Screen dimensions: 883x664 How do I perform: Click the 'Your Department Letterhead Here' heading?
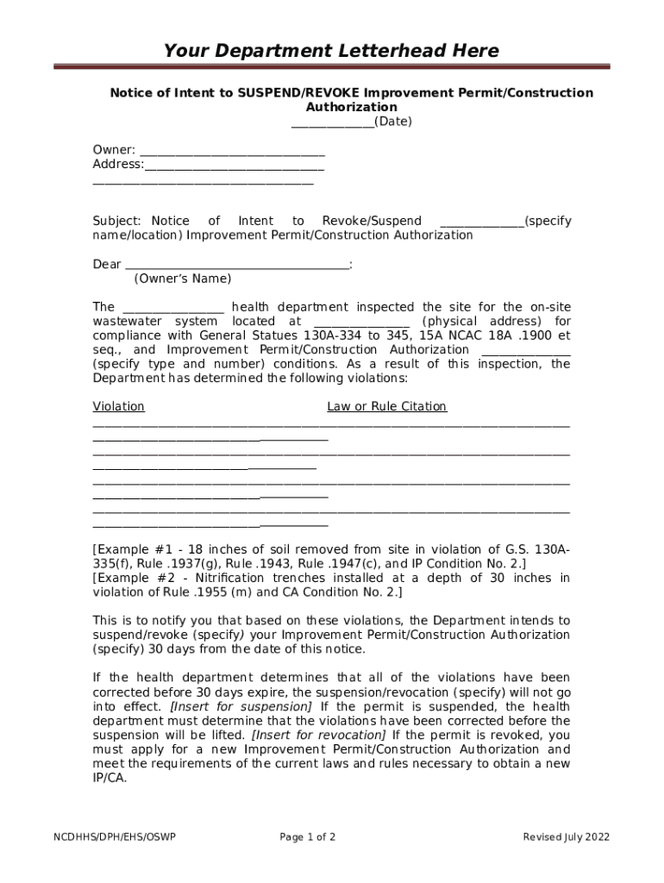pyautogui.click(x=331, y=51)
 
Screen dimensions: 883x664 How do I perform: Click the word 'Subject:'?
pyautogui.click(x=115, y=222)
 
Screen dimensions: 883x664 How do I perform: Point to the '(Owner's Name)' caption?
pyautogui.click(x=182, y=279)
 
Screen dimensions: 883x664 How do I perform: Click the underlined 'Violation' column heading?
pyautogui.click(x=118, y=407)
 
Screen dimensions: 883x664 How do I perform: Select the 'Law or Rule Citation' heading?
pyautogui.click(x=386, y=407)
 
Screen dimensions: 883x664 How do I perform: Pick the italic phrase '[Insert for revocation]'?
pyautogui.click(x=318, y=735)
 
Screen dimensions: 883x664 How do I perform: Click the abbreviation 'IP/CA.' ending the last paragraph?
pyautogui.click(x=110, y=778)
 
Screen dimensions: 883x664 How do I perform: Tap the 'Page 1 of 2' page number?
pyautogui.click(x=308, y=837)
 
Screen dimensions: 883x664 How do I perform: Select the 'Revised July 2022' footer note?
pyautogui.click(x=567, y=837)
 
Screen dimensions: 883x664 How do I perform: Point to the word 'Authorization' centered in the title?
pyautogui.click(x=351, y=107)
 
